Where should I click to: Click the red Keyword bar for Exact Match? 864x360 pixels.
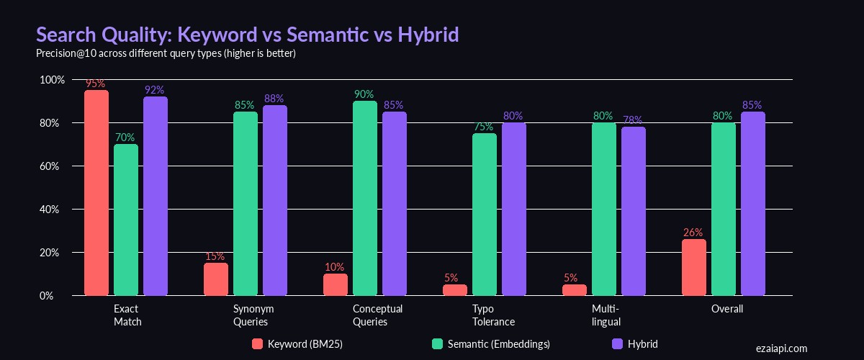[x=96, y=193]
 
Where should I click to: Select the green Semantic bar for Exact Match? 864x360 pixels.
[x=126, y=220]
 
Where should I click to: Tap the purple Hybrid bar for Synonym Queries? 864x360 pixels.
[x=274, y=200]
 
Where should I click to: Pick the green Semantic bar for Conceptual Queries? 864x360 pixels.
[x=365, y=198]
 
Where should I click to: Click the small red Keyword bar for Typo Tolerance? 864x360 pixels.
[x=454, y=290]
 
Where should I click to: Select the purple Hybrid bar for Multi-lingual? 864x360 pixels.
[x=633, y=211]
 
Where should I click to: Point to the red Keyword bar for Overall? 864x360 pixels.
[x=693, y=267]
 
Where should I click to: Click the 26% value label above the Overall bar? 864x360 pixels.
[x=693, y=233]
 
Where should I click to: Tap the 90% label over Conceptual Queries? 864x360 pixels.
[x=364, y=94]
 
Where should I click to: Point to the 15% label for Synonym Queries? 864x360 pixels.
[x=215, y=256]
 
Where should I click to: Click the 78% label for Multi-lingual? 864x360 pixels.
[x=633, y=120]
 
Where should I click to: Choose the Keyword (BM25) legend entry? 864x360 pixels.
[x=297, y=344]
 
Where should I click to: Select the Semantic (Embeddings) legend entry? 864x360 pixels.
[x=490, y=344]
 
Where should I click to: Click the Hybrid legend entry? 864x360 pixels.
[x=634, y=344]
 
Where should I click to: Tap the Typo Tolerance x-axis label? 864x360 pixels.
[x=493, y=315]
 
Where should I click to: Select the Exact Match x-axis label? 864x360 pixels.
[x=127, y=315]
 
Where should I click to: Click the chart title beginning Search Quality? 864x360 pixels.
[x=247, y=35]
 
